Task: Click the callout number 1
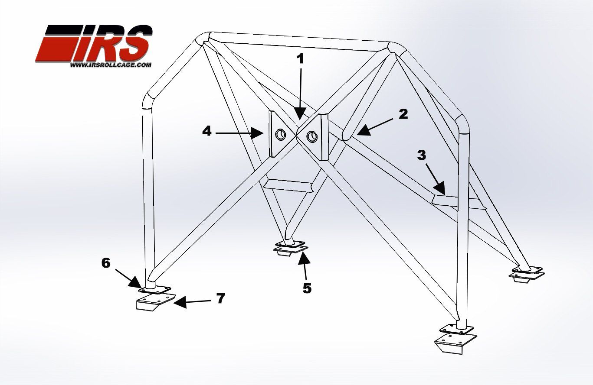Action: click(300, 59)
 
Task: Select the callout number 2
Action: click(403, 114)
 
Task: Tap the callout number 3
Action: click(422, 155)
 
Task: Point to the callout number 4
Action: click(207, 131)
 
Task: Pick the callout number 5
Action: click(307, 288)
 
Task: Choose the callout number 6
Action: click(106, 263)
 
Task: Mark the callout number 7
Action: click(221, 298)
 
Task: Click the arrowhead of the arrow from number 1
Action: click(300, 114)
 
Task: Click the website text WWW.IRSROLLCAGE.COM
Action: click(111, 65)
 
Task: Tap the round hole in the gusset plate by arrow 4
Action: click(281, 135)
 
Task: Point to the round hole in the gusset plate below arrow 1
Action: click(312, 136)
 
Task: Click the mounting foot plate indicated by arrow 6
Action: click(154, 290)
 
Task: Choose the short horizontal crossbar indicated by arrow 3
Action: click(459, 202)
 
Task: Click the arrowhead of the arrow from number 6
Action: click(135, 283)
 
